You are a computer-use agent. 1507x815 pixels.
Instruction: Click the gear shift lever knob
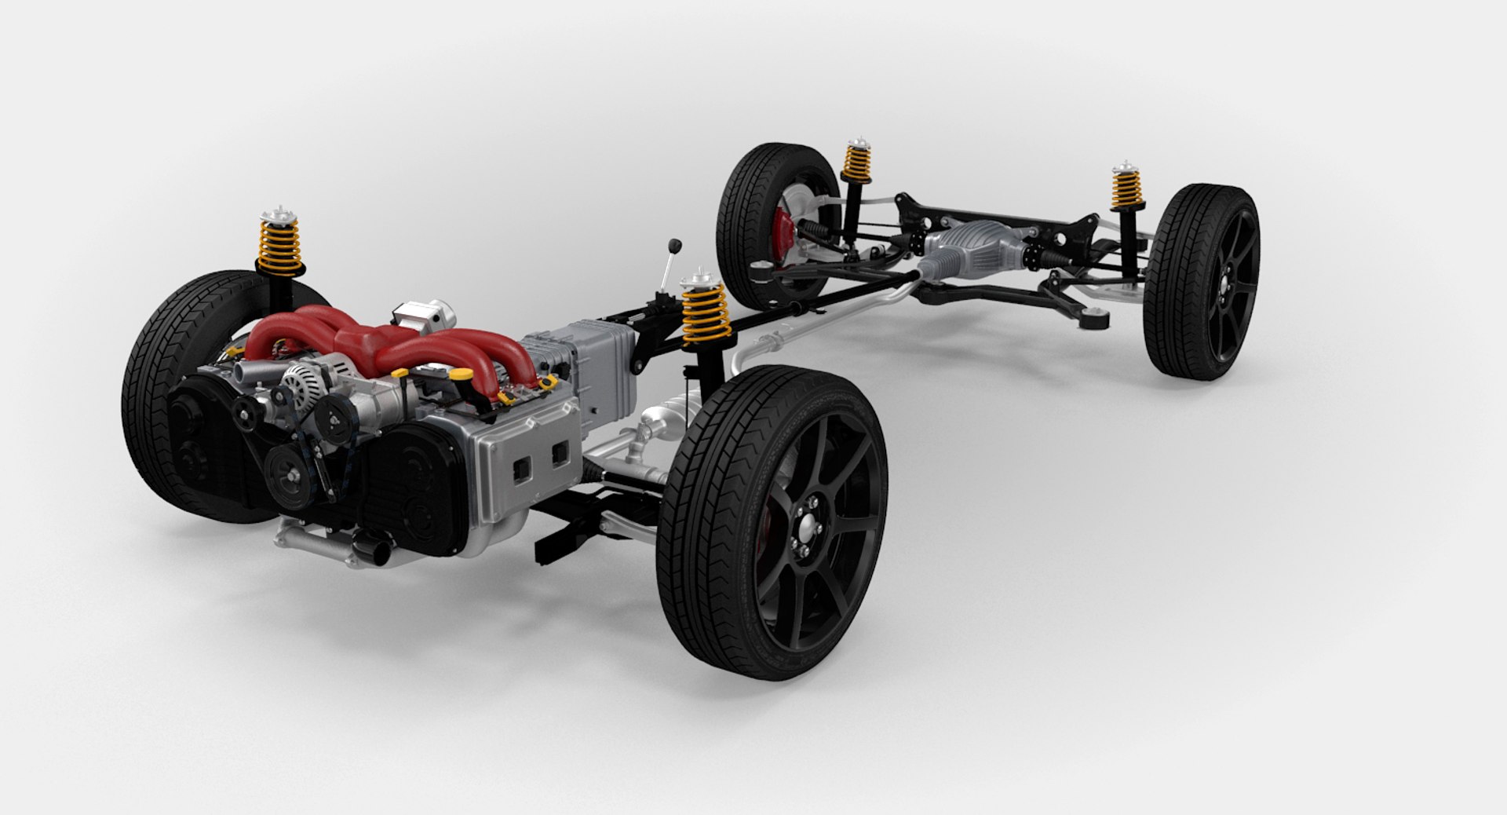[673, 243]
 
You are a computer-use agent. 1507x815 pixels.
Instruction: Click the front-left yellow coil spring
[279, 244]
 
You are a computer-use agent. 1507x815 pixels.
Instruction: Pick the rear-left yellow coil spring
[857, 164]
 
